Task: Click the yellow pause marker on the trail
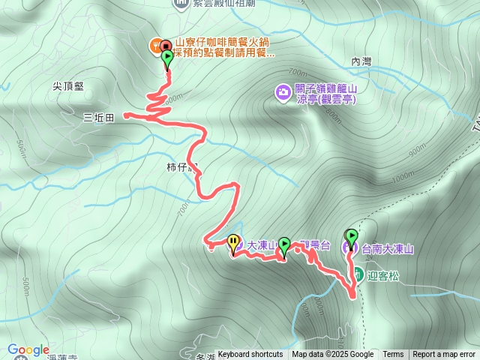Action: (x=233, y=242)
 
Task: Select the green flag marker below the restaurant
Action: (x=166, y=57)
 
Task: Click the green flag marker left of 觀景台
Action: (x=284, y=244)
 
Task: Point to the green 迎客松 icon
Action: (x=358, y=274)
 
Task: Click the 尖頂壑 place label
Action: (x=68, y=86)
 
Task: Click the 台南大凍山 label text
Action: (x=388, y=248)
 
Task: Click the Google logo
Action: (x=28, y=349)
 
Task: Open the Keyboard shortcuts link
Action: (x=250, y=355)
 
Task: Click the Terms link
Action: (x=393, y=355)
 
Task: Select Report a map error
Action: (x=444, y=355)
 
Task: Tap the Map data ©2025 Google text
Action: (x=333, y=355)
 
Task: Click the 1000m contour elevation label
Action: (x=402, y=176)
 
